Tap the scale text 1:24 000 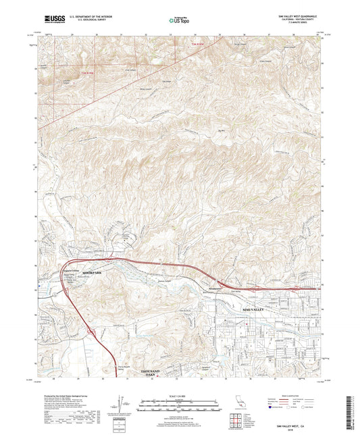[x=180, y=396]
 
